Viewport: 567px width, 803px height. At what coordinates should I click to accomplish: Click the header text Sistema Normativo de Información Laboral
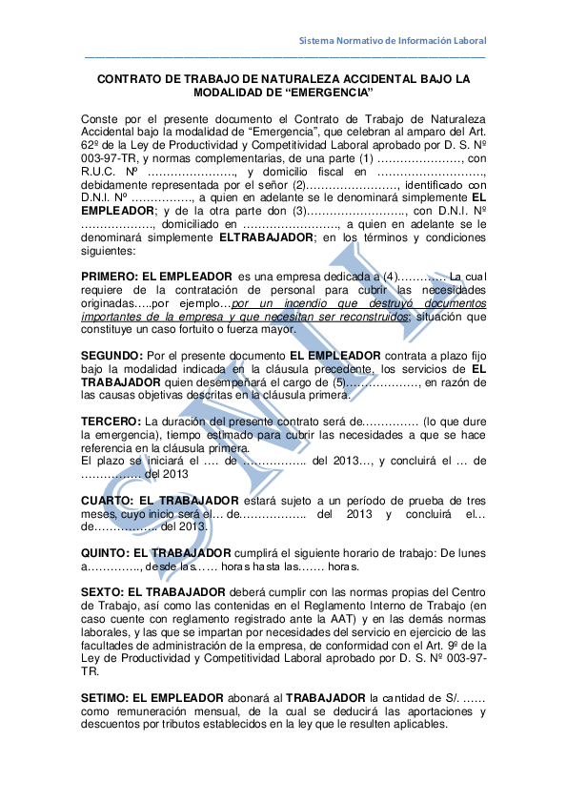[x=393, y=41]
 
